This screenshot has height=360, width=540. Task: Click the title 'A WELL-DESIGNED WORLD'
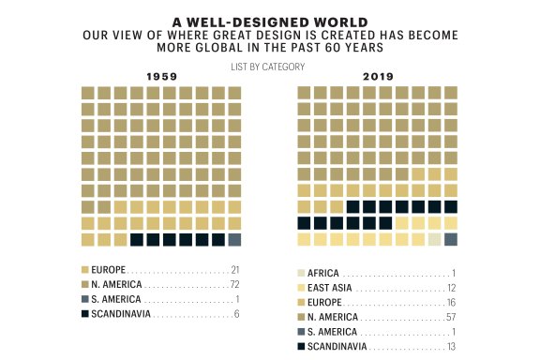click(270, 20)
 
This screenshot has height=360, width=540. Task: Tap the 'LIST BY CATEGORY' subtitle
click(270, 67)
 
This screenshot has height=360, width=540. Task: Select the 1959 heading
click(161, 77)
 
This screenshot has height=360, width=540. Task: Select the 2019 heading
click(377, 77)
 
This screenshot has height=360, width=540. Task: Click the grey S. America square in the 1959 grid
click(234, 240)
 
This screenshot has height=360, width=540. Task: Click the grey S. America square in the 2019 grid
click(450, 239)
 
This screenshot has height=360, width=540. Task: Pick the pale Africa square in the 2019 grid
click(434, 239)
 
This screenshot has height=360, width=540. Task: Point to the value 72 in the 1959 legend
click(235, 284)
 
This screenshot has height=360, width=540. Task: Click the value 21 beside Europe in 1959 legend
click(235, 269)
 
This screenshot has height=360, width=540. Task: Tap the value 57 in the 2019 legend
click(450, 318)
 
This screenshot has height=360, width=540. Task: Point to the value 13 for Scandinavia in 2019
click(451, 347)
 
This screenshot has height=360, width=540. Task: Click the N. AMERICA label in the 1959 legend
click(117, 284)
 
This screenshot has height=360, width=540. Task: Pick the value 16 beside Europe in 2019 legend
click(451, 303)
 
